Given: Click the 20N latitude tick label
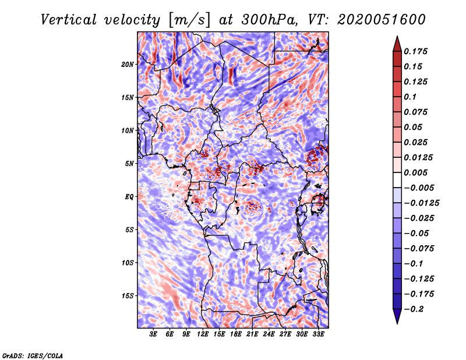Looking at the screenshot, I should [x=128, y=64].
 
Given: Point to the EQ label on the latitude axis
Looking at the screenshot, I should [x=129, y=196].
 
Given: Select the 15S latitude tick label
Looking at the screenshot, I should [x=128, y=295].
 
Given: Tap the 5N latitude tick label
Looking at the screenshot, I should [x=129, y=163].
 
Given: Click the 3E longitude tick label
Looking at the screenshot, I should [x=154, y=334].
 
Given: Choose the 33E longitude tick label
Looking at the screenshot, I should [x=319, y=334].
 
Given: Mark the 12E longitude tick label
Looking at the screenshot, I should [x=203, y=334].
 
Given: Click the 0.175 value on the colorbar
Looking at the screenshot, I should [x=416, y=51].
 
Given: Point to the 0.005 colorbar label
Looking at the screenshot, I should [x=416, y=172].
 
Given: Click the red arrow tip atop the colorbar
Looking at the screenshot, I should [x=397, y=41].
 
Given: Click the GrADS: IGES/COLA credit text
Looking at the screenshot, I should [x=33, y=355].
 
